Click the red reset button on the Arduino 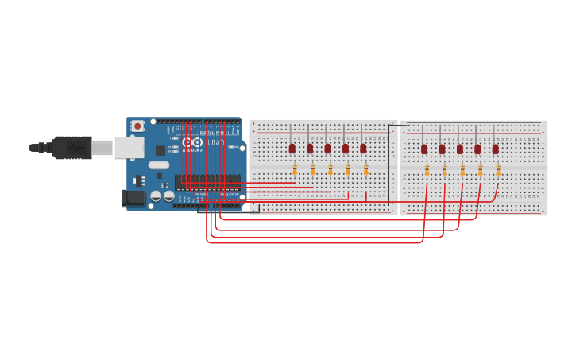coord(137,126)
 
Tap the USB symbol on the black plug coord(77,147)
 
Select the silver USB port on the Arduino coord(128,147)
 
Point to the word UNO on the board coord(216,142)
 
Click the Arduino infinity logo coord(193,142)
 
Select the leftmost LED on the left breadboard coord(292,149)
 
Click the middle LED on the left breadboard coord(327,149)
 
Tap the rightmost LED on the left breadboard coord(363,149)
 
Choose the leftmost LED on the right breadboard coord(424,149)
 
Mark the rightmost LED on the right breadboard coord(495,149)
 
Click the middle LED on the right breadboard coord(460,149)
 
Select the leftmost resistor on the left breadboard coord(295,169)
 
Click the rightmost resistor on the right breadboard coord(498,170)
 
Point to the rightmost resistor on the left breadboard coord(365,169)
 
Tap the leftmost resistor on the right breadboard coord(427,170)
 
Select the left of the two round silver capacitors coord(157,195)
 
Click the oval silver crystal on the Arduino coord(158,165)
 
